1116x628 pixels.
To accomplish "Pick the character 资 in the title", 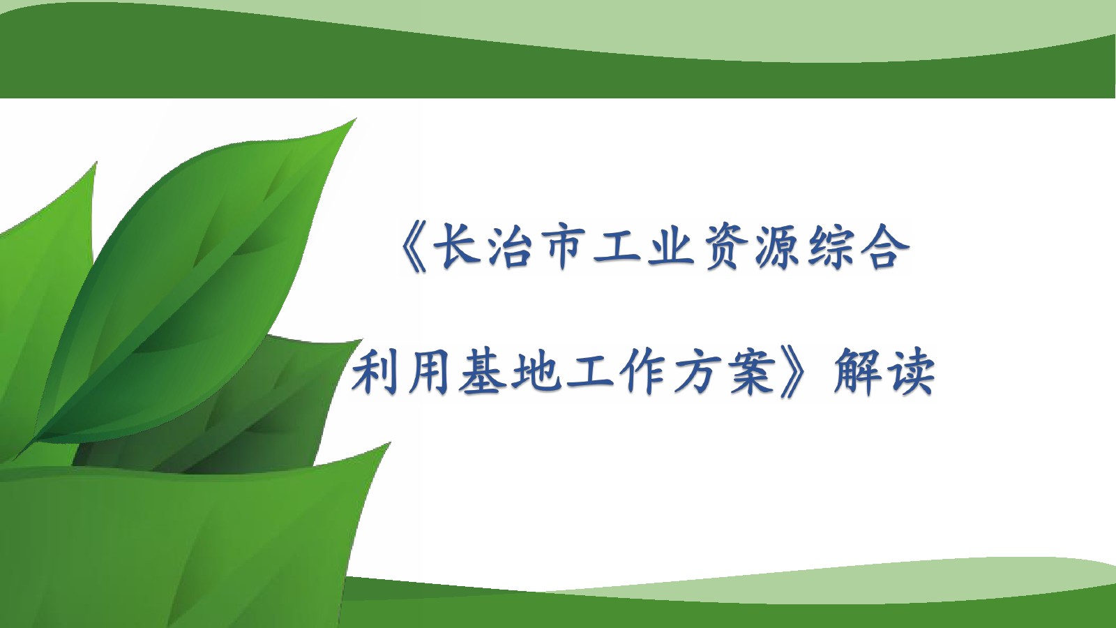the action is tap(726, 247).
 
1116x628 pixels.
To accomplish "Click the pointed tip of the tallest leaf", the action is tap(356, 119).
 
